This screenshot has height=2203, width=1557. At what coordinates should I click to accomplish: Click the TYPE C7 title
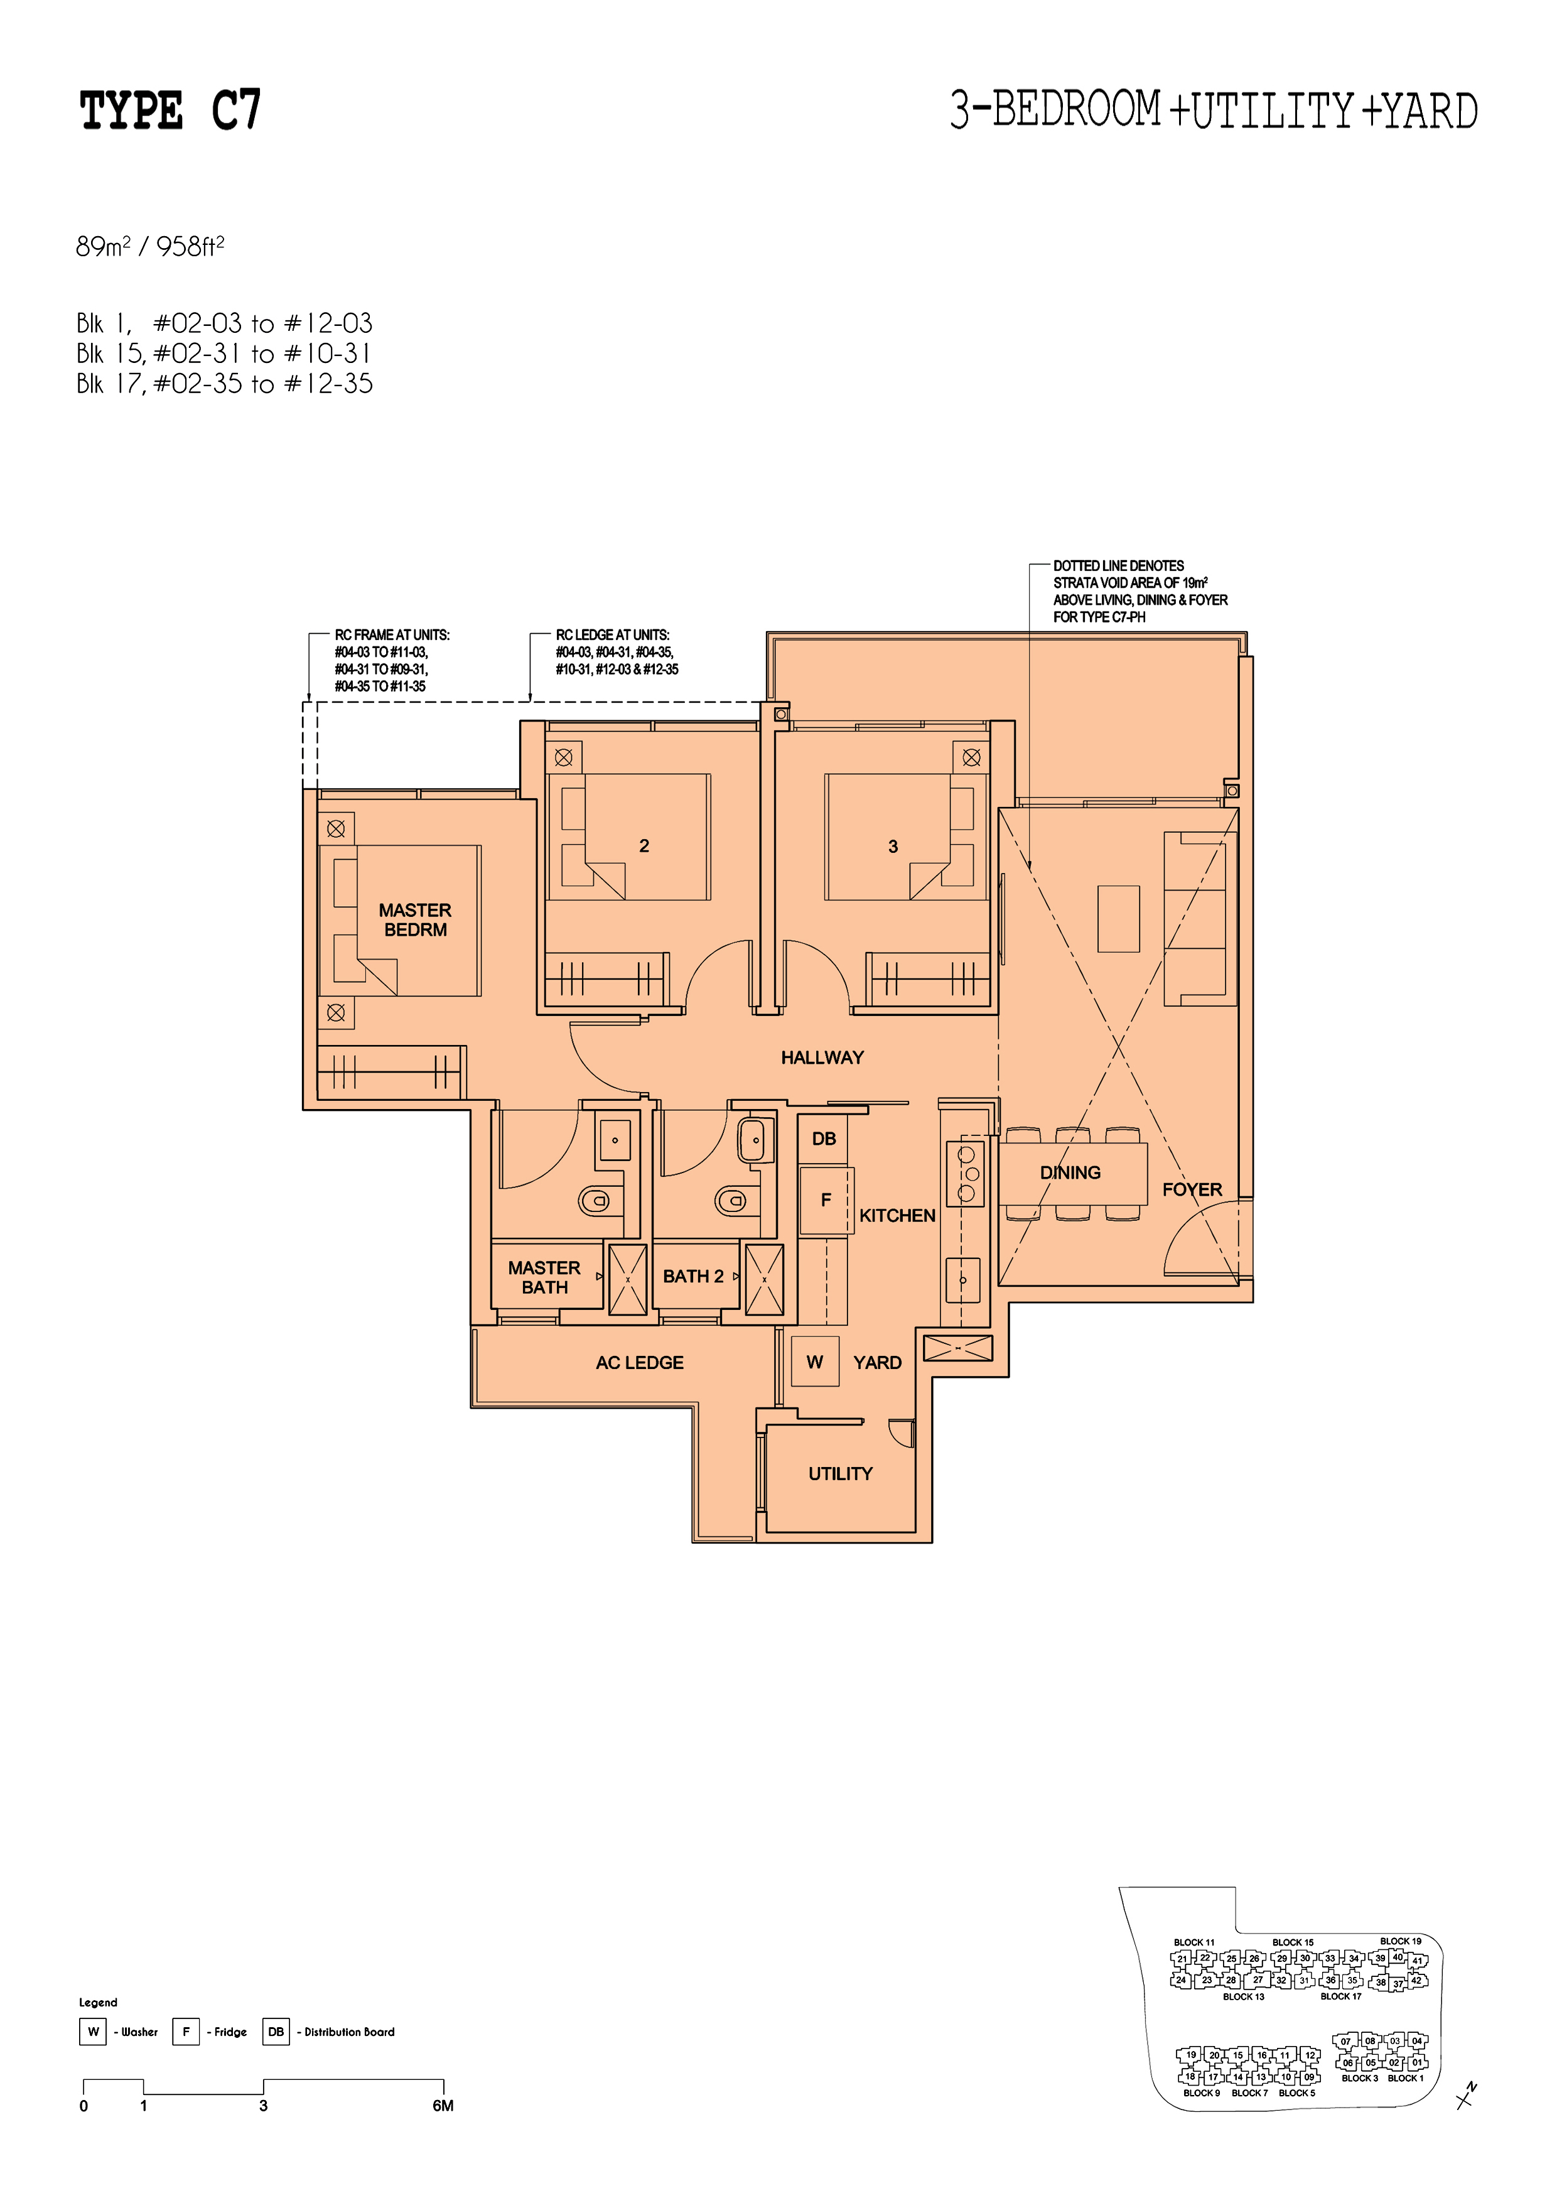coord(170,111)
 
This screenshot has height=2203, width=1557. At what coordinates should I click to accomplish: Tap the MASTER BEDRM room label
coord(414,919)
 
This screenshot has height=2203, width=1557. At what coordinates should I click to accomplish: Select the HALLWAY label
coord(822,1058)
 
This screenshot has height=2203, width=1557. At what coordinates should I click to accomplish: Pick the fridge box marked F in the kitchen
coord(825,1200)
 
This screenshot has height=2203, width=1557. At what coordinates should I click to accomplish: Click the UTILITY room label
coord(841,1473)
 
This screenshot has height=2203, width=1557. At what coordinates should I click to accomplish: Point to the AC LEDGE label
coord(640,1363)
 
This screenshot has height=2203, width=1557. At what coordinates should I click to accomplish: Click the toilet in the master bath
coord(595,1200)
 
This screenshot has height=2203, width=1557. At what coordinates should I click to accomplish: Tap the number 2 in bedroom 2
coord(644,845)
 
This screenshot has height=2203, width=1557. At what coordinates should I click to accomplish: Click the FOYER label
coord(1192,1190)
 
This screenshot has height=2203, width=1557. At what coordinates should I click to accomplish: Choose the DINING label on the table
coord(1070,1172)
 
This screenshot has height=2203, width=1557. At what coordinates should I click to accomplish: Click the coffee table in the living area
coord(1119,918)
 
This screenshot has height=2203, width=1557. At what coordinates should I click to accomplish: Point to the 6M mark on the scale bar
coord(443,2105)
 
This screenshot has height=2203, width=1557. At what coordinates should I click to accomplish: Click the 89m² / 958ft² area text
coord(151,247)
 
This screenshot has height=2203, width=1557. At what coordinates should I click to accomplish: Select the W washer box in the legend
coord(93,2032)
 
